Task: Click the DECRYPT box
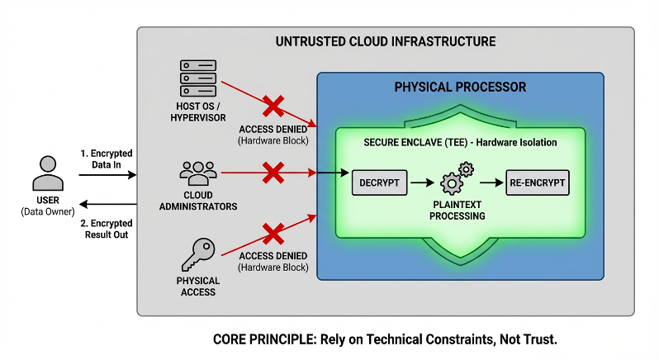(379, 182)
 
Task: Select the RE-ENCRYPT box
(538, 182)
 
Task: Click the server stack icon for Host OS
(197, 78)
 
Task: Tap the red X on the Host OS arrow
(273, 107)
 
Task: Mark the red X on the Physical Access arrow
(273, 233)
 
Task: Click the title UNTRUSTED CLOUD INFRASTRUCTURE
(385, 41)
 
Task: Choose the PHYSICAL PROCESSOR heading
(460, 87)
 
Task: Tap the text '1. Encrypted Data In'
(106, 159)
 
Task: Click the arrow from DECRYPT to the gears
(422, 182)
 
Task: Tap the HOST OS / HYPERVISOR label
(197, 112)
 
